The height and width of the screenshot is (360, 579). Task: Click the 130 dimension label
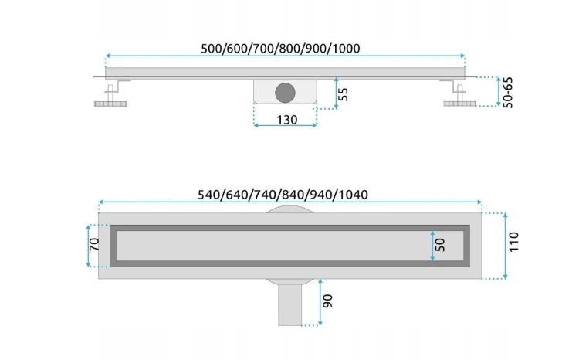[x=287, y=120]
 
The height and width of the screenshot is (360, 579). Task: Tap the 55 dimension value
[x=343, y=94]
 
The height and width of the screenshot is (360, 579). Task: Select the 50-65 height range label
[x=508, y=93]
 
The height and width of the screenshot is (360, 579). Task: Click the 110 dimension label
[x=513, y=242]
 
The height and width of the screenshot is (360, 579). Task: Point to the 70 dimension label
[x=94, y=244]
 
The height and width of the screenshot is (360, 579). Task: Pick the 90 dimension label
[x=327, y=301]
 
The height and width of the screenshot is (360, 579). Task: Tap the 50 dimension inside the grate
[x=440, y=245]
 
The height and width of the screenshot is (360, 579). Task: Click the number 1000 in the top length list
[x=346, y=49]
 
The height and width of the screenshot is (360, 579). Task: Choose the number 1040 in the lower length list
[x=354, y=195]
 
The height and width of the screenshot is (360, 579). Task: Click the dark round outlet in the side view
[x=285, y=93]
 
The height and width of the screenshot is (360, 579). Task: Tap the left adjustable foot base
[x=110, y=104]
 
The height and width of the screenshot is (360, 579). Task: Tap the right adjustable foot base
[x=460, y=104]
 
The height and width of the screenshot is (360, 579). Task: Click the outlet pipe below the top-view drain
[x=289, y=304]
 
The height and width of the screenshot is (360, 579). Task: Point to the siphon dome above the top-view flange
[x=289, y=209]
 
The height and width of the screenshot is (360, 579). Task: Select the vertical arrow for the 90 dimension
[x=320, y=302]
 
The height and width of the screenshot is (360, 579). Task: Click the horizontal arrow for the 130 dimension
[x=285, y=126]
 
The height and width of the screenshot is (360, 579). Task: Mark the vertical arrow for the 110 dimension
[x=505, y=246]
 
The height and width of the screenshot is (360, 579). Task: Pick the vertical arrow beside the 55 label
[x=336, y=93]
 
